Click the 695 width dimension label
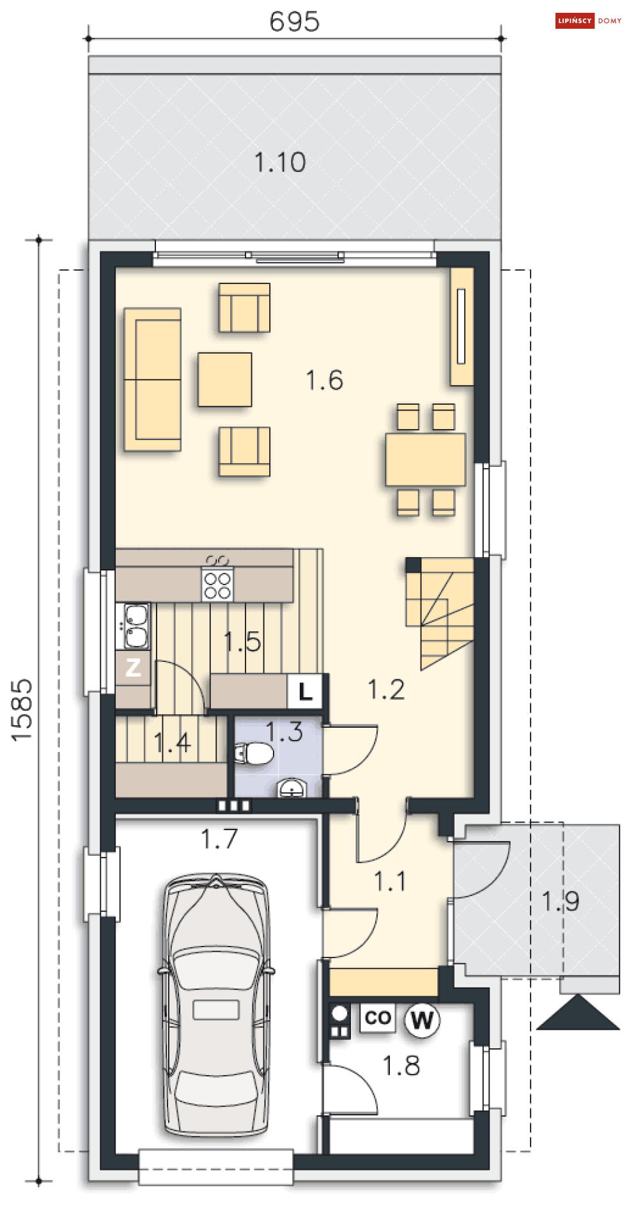click(294, 21)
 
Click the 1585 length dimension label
click(22, 710)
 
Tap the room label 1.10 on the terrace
click(280, 162)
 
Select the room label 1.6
click(324, 380)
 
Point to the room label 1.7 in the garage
click(219, 839)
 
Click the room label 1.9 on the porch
click(560, 901)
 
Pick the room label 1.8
click(401, 1066)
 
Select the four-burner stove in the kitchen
click(217, 585)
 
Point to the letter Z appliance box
click(133, 667)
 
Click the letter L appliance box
click(306, 691)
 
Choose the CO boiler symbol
click(377, 1018)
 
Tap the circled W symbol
click(422, 1019)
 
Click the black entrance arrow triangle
click(578, 1013)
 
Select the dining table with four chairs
click(426, 459)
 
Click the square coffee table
click(225, 379)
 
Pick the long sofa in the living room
click(152, 379)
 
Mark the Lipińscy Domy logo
click(589, 20)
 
